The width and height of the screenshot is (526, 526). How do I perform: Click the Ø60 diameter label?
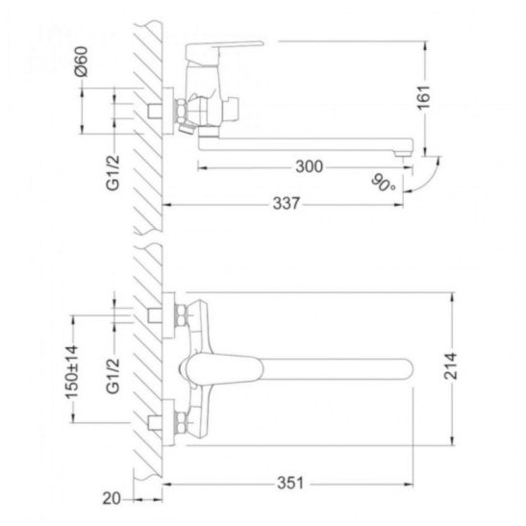(x=82, y=62)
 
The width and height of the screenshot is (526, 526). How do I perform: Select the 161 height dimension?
(x=424, y=98)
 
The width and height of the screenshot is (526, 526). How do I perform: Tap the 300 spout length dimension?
(x=310, y=166)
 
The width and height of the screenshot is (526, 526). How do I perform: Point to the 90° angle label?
(x=383, y=183)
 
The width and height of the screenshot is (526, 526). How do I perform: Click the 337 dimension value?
(x=287, y=204)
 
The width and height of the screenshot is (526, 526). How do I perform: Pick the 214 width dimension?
(x=451, y=366)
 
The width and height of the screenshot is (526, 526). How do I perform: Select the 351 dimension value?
(x=290, y=483)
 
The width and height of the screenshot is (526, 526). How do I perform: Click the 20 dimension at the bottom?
(x=112, y=499)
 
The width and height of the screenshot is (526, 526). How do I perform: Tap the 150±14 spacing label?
(x=72, y=372)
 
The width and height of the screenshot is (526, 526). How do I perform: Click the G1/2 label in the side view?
(x=113, y=173)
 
